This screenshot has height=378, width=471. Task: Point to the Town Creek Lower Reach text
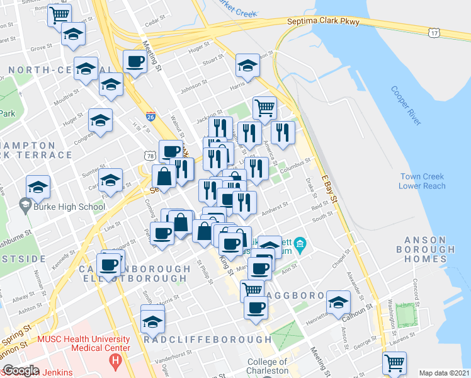(422, 181)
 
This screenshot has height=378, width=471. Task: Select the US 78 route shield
(149, 155)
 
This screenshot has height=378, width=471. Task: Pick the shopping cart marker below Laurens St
(394, 362)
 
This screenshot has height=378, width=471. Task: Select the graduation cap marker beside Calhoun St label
(338, 301)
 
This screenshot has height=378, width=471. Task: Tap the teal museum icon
(300, 243)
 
